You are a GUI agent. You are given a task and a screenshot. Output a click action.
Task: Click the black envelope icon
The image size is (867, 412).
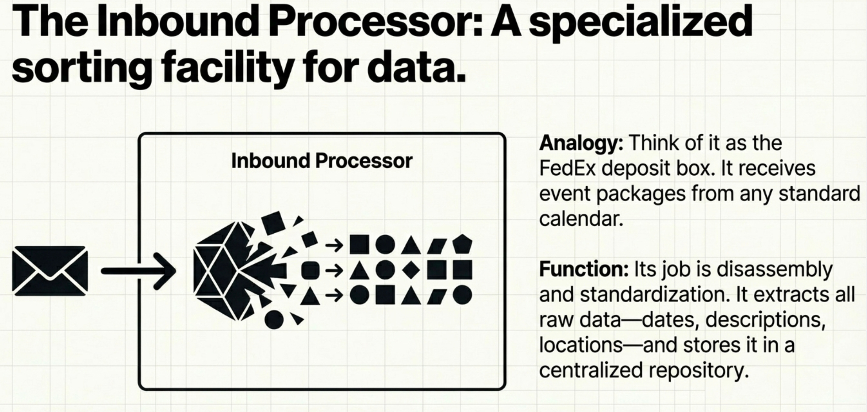[50, 271]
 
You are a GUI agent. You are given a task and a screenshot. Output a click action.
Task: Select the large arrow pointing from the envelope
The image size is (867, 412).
[138, 271]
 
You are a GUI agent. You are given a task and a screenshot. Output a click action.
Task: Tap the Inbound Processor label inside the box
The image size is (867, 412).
[322, 161]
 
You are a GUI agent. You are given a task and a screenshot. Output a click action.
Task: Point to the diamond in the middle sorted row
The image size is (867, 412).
[411, 270]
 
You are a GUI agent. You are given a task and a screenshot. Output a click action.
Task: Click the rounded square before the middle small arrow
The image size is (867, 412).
[310, 270]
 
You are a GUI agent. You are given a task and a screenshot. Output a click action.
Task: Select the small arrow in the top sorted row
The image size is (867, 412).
[334, 245]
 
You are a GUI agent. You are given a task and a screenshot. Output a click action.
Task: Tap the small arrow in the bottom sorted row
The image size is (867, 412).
[334, 296]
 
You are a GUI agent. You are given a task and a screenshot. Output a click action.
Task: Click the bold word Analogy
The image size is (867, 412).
[581, 143]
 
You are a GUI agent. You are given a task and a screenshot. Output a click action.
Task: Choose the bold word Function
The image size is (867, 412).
[584, 269]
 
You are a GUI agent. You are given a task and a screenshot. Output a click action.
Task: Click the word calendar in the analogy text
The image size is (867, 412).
[581, 219]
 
